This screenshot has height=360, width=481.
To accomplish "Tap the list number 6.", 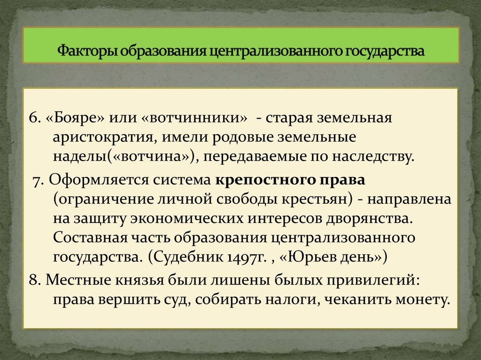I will (33, 118).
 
